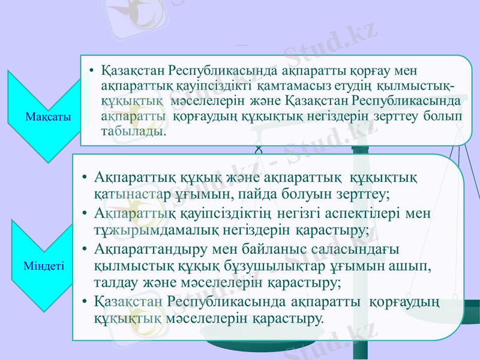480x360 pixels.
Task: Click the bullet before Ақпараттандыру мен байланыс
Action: [x=86, y=249]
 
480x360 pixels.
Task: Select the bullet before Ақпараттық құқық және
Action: [x=86, y=178]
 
